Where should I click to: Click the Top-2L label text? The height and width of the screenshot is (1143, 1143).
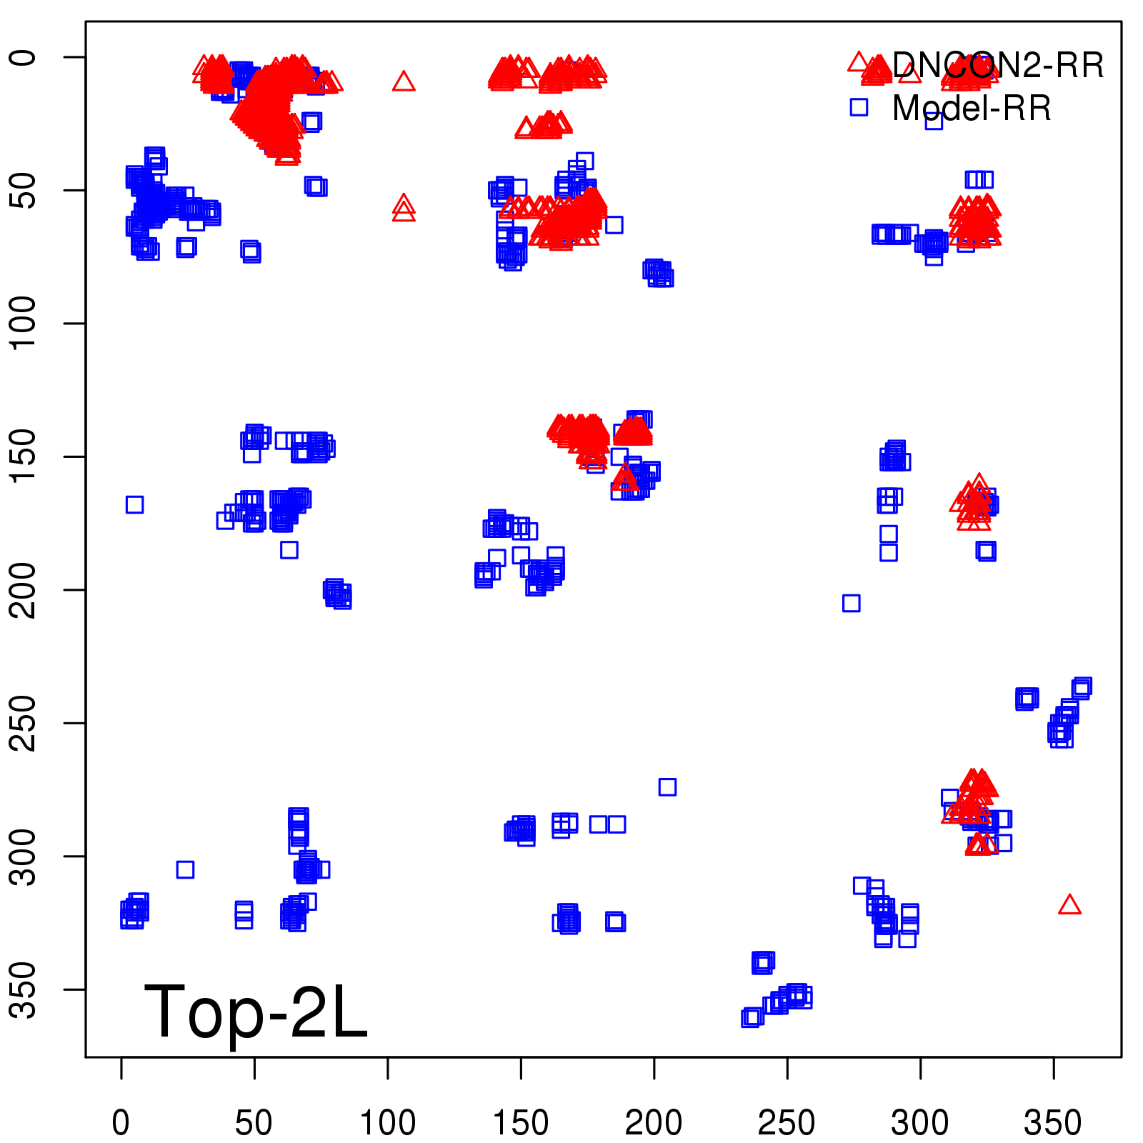[255, 1012]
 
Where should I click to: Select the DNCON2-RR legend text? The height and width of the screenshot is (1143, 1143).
[997, 66]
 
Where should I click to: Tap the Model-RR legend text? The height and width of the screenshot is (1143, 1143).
[972, 109]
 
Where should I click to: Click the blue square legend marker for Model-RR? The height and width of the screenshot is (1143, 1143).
[859, 107]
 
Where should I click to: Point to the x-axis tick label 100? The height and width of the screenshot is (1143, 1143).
[387, 1123]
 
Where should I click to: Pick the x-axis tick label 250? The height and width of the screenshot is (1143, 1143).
[787, 1123]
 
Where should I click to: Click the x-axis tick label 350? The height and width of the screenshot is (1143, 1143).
[1053, 1123]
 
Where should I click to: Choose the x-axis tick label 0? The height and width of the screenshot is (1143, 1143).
[121, 1123]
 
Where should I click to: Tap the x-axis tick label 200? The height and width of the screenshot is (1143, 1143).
[654, 1123]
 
